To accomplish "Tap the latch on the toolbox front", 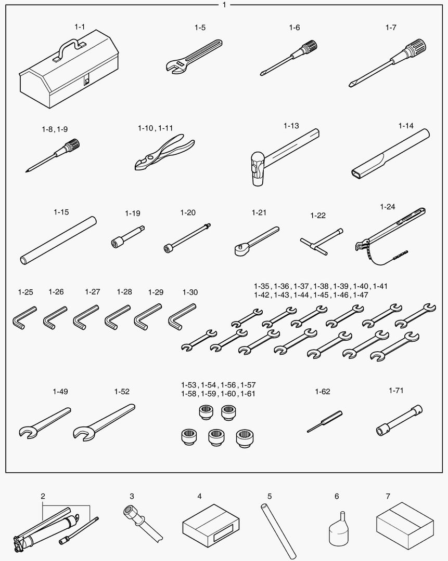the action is (86, 81).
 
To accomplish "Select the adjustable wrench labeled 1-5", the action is (194, 57).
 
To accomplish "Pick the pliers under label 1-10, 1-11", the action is (164, 152).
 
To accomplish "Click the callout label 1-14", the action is (406, 126).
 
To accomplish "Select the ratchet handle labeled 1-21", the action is (257, 241).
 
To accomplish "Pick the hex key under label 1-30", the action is (182, 316).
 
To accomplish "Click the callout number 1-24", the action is (388, 207).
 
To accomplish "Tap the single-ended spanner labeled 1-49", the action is (44, 422).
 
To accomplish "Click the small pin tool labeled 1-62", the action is (325, 421).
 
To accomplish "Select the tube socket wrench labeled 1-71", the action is (399, 420).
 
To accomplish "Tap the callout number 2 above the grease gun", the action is (43, 496).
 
